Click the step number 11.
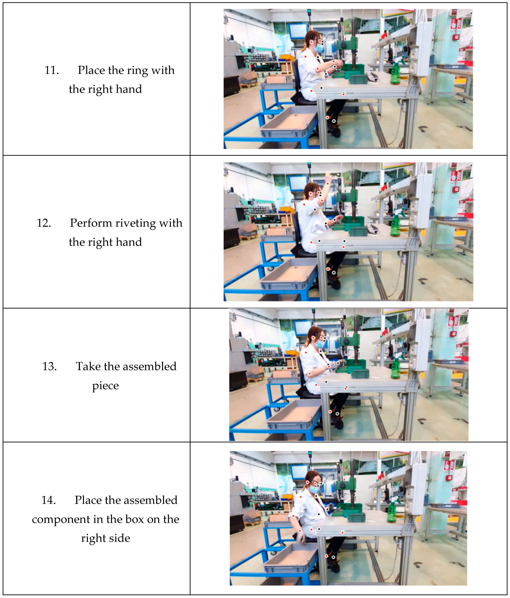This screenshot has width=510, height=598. pyautogui.click(x=52, y=70)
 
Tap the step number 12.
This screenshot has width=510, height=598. pyautogui.click(x=44, y=223)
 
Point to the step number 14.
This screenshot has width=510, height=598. pyautogui.click(x=48, y=500)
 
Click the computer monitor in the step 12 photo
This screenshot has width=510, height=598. pyautogui.click(x=298, y=184)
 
